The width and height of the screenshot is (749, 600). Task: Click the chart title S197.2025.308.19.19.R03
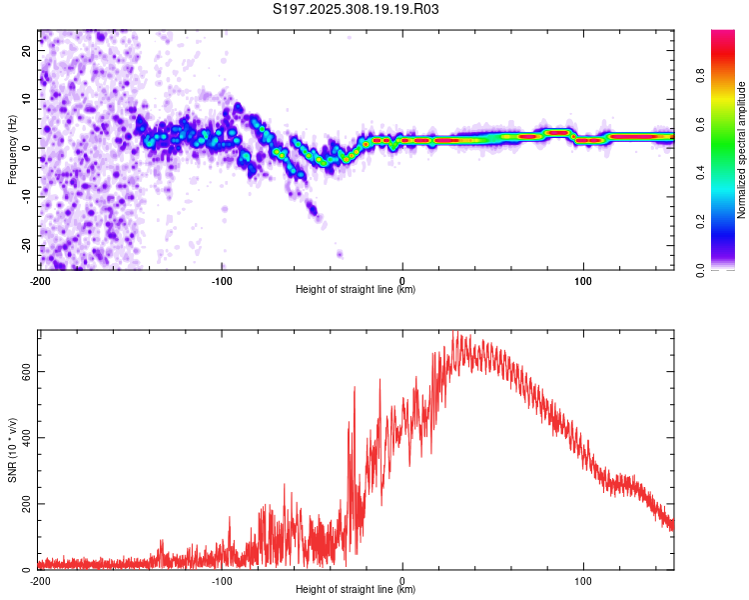pyautogui.click(x=357, y=10)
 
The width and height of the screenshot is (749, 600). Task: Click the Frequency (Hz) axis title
pyautogui.click(x=13, y=149)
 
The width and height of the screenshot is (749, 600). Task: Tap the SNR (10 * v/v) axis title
pyautogui.click(x=13, y=451)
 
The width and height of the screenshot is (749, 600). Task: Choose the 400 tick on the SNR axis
pyautogui.click(x=26, y=437)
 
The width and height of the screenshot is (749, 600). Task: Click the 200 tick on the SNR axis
pyautogui.click(x=26, y=504)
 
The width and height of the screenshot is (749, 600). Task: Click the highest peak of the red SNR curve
pyautogui.click(x=455, y=333)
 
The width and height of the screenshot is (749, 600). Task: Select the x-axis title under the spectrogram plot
pyautogui.click(x=357, y=289)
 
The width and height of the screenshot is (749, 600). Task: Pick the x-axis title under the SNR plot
pyautogui.click(x=357, y=589)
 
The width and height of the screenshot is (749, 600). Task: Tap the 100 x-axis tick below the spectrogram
pyautogui.click(x=583, y=279)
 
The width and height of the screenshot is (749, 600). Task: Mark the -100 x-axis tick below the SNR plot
pyautogui.click(x=221, y=580)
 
